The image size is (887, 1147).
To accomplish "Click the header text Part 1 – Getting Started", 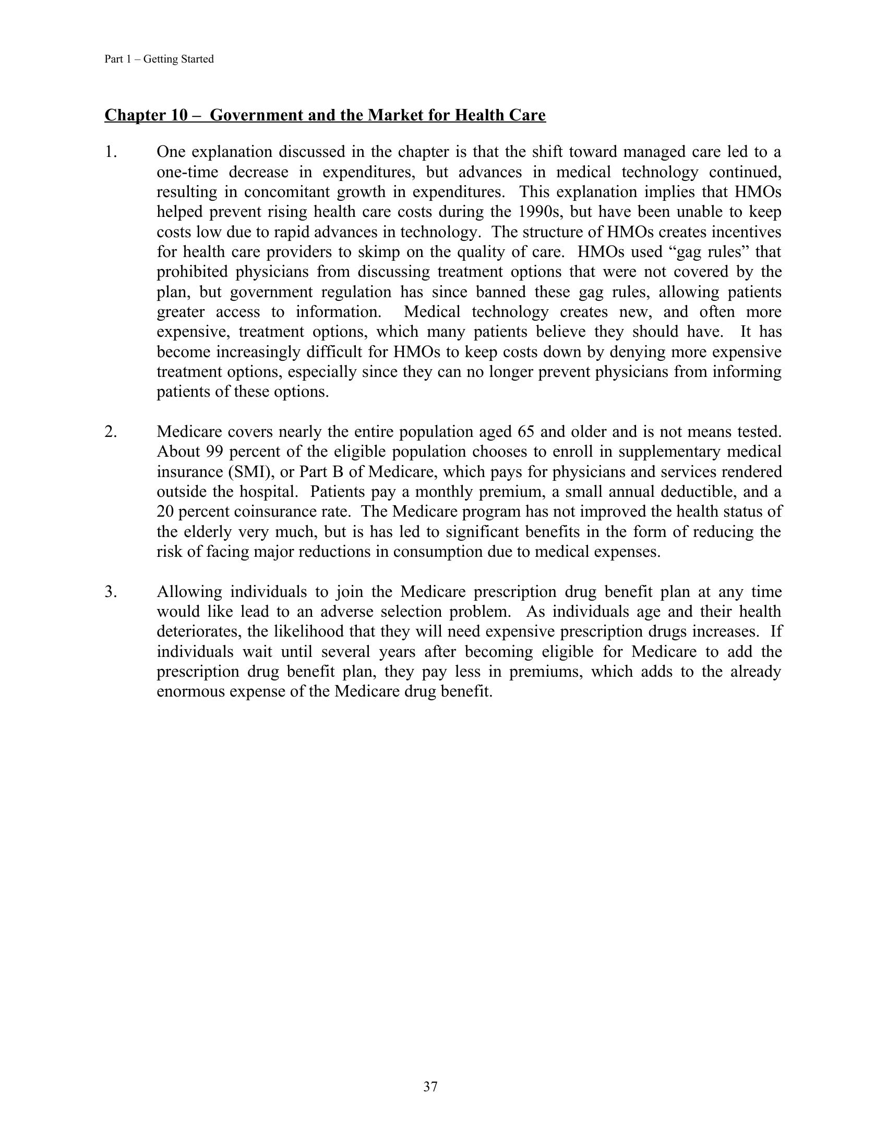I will pyautogui.click(x=159, y=59).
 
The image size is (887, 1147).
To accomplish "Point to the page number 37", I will pyautogui.click(x=430, y=1087).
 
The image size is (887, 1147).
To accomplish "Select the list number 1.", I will pyautogui.click(x=110, y=152).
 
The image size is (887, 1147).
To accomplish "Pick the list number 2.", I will pyautogui.click(x=110, y=432).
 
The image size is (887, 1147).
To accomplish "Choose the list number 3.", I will pyautogui.click(x=110, y=592).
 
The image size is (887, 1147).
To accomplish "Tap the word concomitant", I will pyautogui.click(x=283, y=192).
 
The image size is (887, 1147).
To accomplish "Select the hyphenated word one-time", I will pyautogui.click(x=187, y=172).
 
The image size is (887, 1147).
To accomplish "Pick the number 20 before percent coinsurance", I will pyautogui.click(x=166, y=511).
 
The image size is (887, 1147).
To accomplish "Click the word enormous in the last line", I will pyautogui.click(x=192, y=692).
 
